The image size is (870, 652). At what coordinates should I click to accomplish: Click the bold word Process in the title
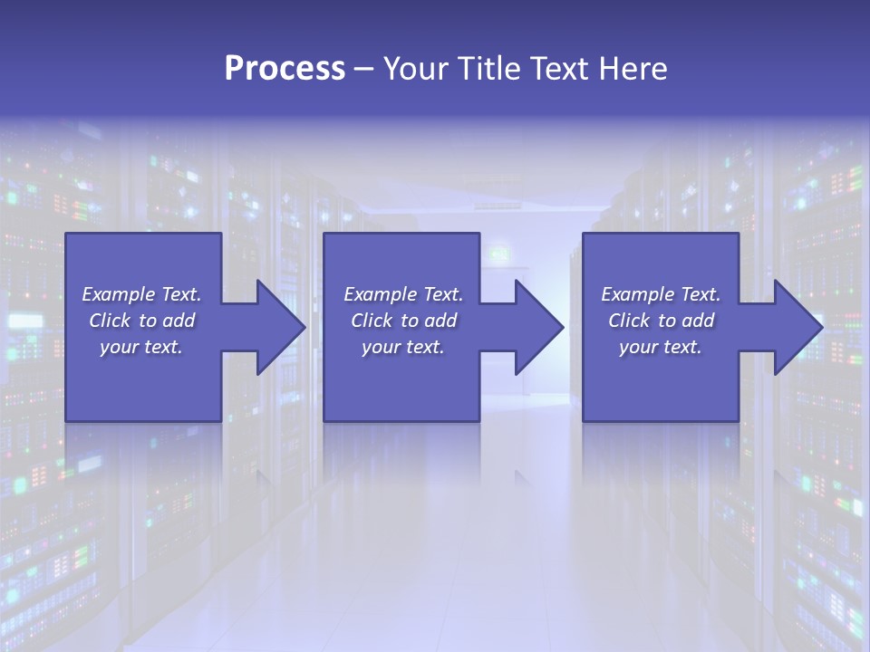pyautogui.click(x=285, y=69)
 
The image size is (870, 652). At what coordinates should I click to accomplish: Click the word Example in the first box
pyautogui.click(x=119, y=294)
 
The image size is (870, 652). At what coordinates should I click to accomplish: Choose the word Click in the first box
pyautogui.click(x=111, y=321)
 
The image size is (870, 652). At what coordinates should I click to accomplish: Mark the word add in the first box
pyautogui.click(x=179, y=321)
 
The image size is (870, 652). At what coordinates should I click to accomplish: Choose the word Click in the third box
pyautogui.click(x=630, y=321)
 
